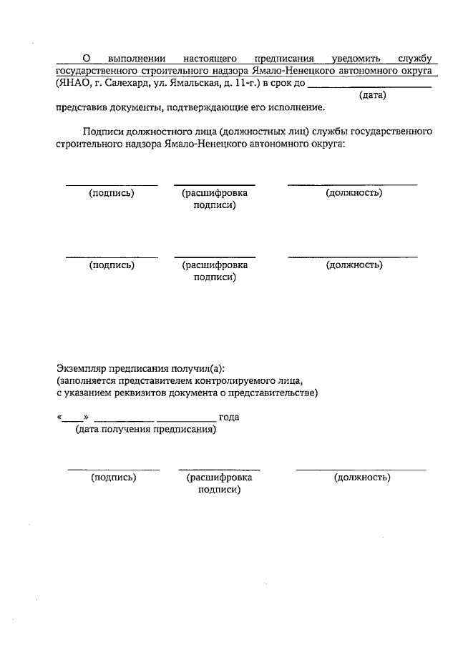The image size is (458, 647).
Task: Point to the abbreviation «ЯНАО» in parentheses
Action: pos(71,84)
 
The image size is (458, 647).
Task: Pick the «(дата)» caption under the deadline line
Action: pos(372,95)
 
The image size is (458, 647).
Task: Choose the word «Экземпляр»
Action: pos(81,369)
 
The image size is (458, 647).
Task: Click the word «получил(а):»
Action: pos(199,369)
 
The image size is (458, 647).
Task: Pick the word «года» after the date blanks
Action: pos(229,417)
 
